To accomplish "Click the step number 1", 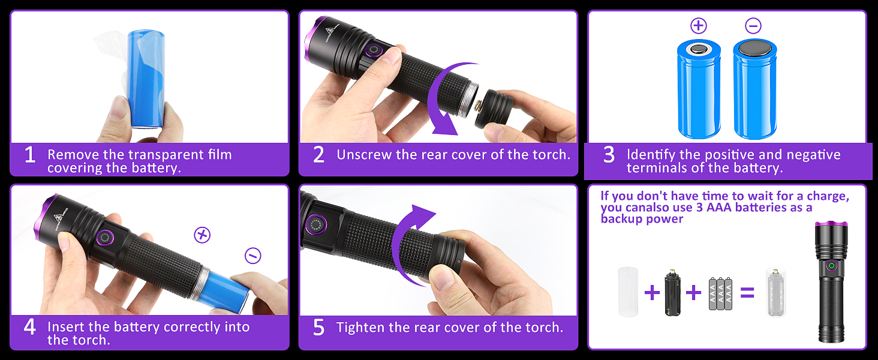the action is point(30,155).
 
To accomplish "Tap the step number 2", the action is point(318,155).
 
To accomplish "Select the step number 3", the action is point(609,155).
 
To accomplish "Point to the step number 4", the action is point(30,326).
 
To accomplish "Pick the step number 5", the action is point(318,327).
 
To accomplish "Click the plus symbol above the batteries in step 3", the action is point(699,26).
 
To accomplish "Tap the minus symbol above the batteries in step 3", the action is point(753,26).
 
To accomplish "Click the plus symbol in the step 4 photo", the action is point(202,235).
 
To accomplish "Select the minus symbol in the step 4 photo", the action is point(253,256).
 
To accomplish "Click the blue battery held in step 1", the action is point(146,79).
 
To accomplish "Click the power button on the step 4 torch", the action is point(105,238).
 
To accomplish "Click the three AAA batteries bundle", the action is point(720,294).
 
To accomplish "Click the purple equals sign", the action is point(747,293).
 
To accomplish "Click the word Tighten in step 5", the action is point(360,328).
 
